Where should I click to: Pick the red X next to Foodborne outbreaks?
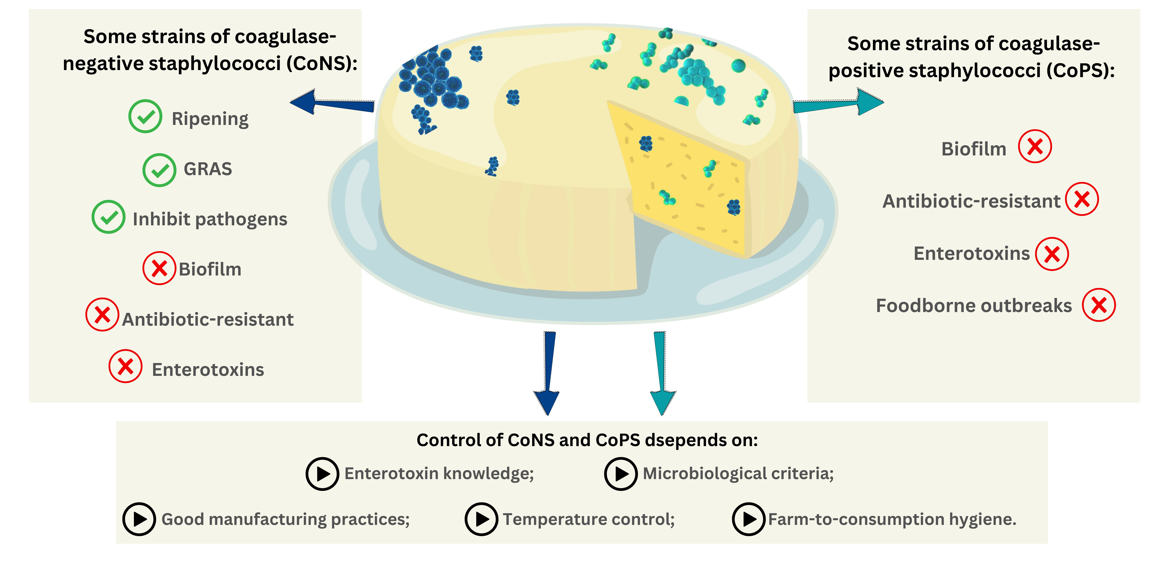point(1098,305)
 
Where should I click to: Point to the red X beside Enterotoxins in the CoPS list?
point(1052,254)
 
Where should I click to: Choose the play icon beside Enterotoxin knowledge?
point(322,474)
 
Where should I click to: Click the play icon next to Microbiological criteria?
point(621,474)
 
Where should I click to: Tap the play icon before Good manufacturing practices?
point(139,519)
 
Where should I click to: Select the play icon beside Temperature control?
point(481,519)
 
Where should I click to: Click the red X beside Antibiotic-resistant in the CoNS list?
point(102,315)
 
